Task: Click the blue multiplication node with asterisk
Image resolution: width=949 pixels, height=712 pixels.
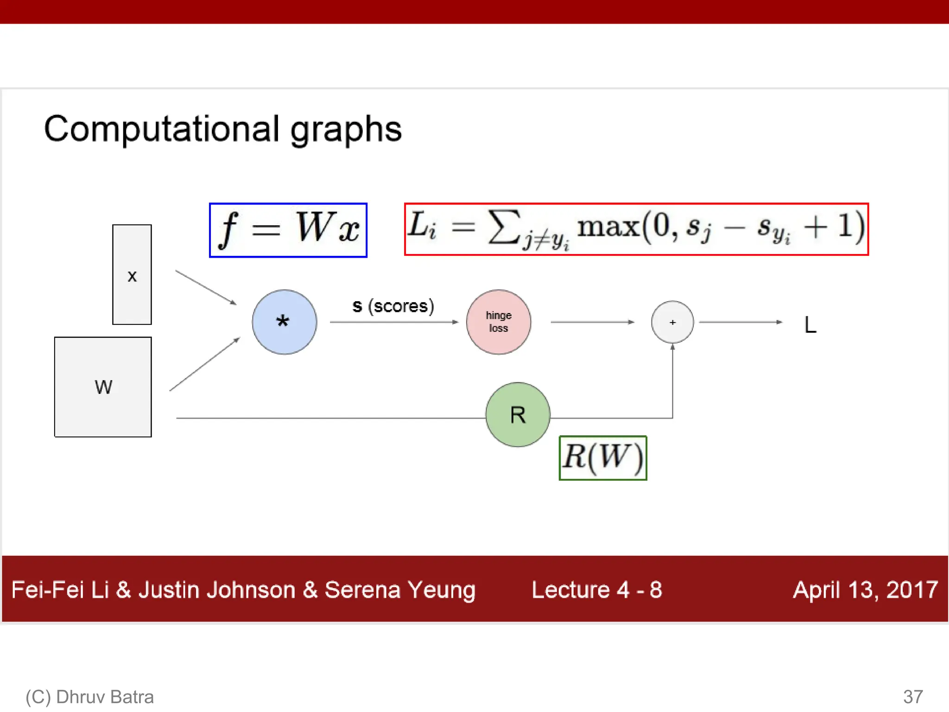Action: tap(285, 322)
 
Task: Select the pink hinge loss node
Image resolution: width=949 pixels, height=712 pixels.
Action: tap(499, 322)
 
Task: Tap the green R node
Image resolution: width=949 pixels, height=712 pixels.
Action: tap(518, 414)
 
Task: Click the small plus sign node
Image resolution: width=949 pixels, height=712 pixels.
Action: tap(672, 322)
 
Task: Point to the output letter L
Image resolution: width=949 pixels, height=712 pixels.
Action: tap(810, 325)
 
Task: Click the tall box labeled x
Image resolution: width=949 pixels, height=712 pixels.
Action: tap(132, 275)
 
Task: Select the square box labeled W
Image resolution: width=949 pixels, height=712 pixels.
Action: tap(103, 387)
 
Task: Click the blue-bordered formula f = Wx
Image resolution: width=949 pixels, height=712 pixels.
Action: tap(288, 230)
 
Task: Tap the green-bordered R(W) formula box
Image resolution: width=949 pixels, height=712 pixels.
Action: tap(603, 458)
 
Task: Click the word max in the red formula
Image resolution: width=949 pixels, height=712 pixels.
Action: tap(608, 227)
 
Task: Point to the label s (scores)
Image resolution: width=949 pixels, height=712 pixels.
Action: tap(393, 306)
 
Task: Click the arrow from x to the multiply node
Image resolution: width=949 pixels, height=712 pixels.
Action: tap(206, 287)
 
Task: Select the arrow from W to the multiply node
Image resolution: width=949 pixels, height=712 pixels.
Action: tap(204, 364)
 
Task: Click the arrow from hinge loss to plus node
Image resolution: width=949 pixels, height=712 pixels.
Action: tap(592, 322)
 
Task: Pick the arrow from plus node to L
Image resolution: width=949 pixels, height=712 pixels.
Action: tap(740, 322)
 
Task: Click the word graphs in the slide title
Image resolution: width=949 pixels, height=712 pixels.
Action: tap(346, 130)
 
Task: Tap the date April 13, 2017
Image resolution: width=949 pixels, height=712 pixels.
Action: tap(865, 590)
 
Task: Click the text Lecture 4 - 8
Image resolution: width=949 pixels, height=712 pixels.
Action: tap(597, 590)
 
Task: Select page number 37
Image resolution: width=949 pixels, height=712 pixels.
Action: tap(913, 697)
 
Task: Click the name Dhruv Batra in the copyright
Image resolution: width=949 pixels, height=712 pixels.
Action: tap(105, 697)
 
